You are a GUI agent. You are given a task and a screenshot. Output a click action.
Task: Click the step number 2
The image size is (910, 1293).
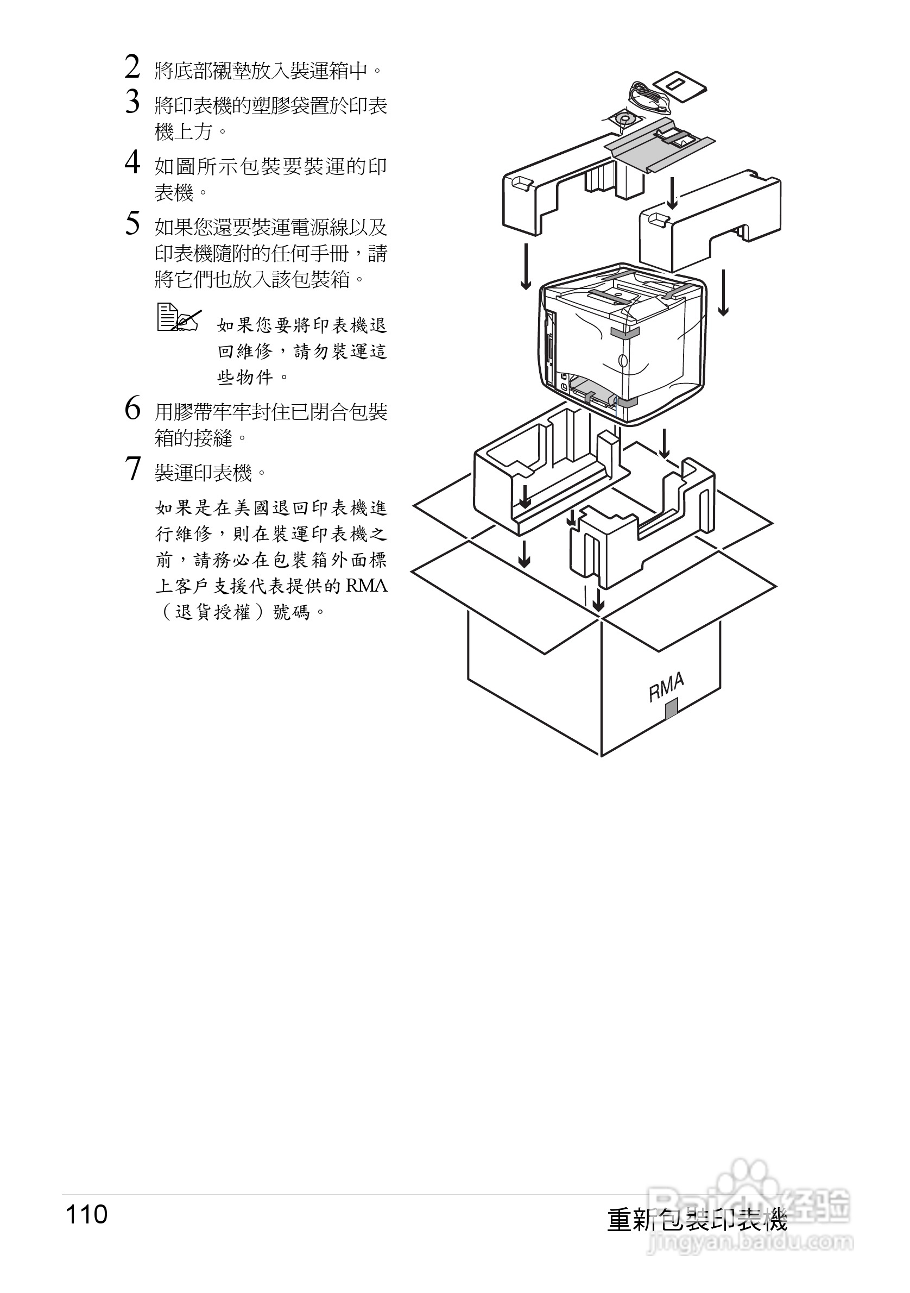[132, 67]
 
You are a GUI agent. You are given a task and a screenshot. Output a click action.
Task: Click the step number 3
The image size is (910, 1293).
[132, 103]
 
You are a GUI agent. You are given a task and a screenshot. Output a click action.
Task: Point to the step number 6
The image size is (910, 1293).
[132, 409]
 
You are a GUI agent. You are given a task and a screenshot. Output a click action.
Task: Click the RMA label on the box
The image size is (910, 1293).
[666, 688]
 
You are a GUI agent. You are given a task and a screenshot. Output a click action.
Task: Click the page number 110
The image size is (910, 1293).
[86, 1215]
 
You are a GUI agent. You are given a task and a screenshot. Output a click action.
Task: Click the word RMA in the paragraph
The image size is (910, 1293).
[366, 586]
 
